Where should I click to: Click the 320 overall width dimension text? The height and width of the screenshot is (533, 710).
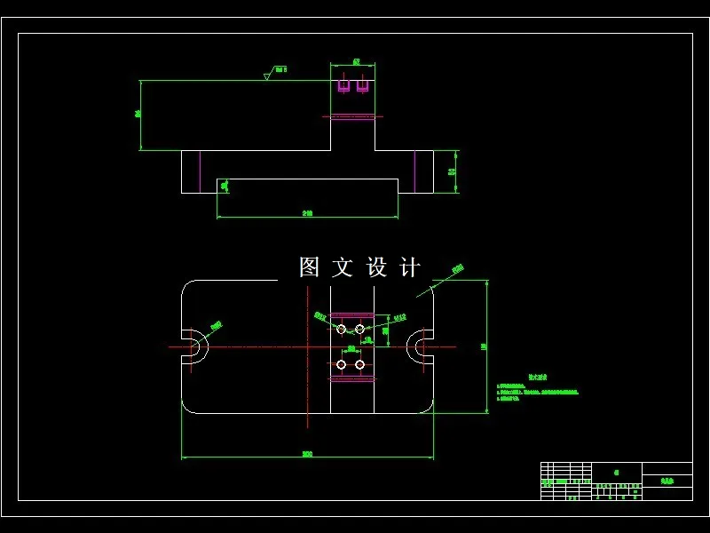(x=307, y=454)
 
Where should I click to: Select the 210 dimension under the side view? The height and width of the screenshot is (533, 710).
(x=307, y=213)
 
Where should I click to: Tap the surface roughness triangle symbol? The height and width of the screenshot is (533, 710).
(x=266, y=76)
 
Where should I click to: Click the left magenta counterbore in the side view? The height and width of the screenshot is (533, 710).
(x=343, y=86)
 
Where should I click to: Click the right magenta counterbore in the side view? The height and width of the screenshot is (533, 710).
(x=362, y=86)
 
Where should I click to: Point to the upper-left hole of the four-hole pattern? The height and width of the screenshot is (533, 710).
(x=341, y=330)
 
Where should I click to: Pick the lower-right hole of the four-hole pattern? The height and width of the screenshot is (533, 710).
(x=359, y=364)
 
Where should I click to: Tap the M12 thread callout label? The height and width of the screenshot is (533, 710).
(x=399, y=316)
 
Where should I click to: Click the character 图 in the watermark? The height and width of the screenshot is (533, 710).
(x=309, y=267)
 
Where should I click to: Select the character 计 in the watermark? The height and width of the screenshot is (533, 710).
(x=410, y=267)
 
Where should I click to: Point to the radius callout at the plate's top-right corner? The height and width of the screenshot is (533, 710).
(x=457, y=268)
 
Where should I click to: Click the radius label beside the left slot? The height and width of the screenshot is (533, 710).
(x=216, y=325)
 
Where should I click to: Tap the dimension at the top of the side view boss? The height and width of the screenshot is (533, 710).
(x=356, y=62)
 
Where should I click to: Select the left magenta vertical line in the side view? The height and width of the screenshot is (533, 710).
(x=201, y=171)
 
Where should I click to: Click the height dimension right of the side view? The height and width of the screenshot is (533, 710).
(x=453, y=171)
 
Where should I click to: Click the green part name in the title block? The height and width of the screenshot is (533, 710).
(x=667, y=481)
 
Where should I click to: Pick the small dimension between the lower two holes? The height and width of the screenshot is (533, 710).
(x=351, y=349)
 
